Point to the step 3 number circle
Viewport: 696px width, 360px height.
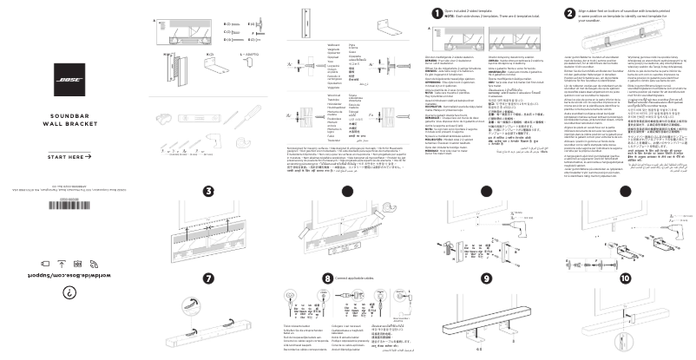tap(208, 191)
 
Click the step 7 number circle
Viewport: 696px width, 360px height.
tap(208, 278)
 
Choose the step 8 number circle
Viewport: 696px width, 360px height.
tap(326, 278)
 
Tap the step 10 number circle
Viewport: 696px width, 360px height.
tap(626, 278)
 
